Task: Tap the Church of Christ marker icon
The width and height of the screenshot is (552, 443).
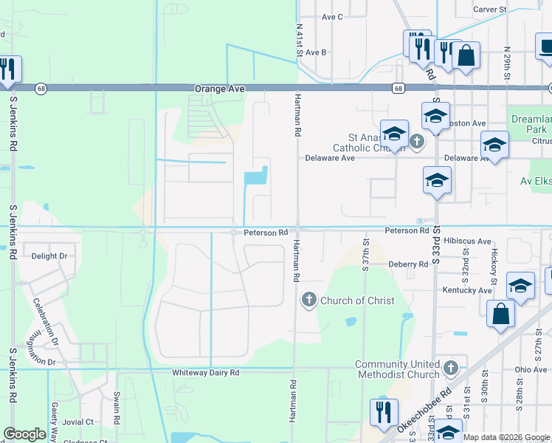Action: click(x=308, y=300)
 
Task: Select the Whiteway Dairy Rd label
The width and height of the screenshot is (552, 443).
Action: click(x=206, y=373)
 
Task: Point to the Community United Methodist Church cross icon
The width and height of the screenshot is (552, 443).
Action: click(x=451, y=367)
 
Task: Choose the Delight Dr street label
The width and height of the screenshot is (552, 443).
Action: click(x=49, y=256)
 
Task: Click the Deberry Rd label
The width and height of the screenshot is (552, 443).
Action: click(x=408, y=264)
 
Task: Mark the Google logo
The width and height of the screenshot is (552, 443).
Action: click(x=24, y=433)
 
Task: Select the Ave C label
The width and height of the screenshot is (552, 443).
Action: click(x=332, y=17)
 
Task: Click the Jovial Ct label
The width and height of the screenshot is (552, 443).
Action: click(x=78, y=422)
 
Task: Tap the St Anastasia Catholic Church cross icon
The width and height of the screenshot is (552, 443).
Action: click(x=416, y=141)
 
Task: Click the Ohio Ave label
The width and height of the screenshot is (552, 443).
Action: click(x=531, y=369)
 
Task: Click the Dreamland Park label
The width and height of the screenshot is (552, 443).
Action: click(x=531, y=123)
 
